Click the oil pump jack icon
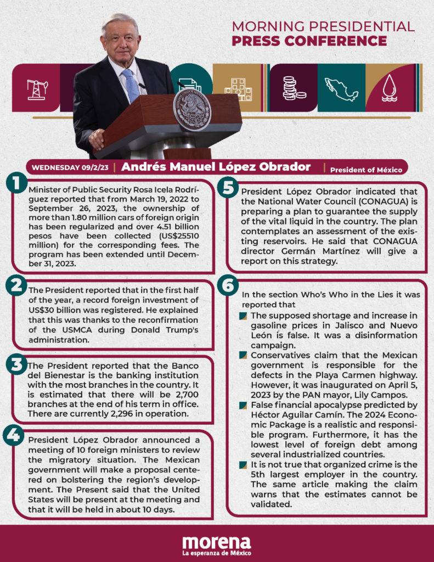click(x=37, y=89)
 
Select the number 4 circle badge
click(x=14, y=435)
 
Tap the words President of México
click(x=366, y=170)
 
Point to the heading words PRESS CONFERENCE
click(x=309, y=41)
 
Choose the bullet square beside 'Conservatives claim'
click(x=243, y=356)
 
